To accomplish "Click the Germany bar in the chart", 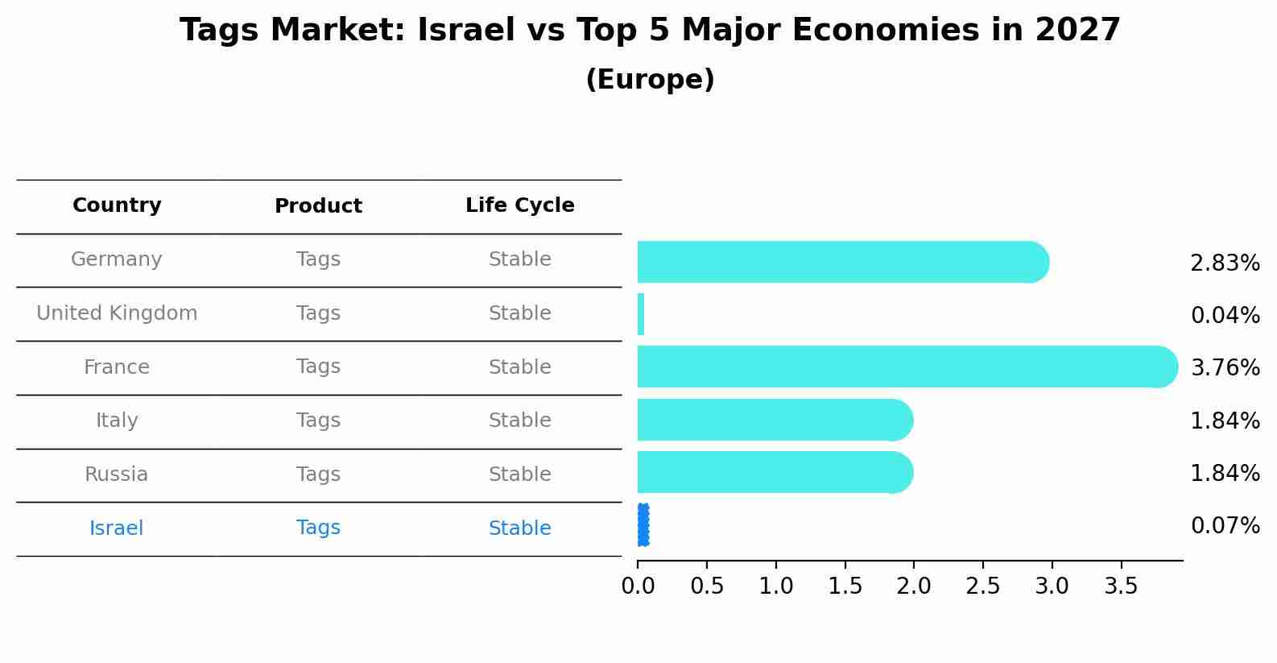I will point(841,262).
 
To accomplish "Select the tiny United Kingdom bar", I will point(641,314).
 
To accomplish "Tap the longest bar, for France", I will point(906,367).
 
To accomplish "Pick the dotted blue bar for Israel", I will point(643,525).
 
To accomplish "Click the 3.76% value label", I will point(1225,368).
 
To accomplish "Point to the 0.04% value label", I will point(1225,316).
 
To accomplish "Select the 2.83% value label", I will point(1225,263).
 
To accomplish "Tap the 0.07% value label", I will point(1225,526).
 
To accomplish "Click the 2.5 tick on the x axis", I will point(983,586).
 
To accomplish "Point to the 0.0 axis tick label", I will point(638,586).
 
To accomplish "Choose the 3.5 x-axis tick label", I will point(1121,586).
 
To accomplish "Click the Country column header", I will point(117,205).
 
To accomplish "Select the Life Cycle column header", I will point(519,205).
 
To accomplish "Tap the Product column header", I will point(318,206).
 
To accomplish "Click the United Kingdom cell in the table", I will point(117,313).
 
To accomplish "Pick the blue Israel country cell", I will point(117,528).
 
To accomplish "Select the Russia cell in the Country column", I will point(117,474).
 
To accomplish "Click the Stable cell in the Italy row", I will point(519,421).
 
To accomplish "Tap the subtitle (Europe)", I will point(650,80).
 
